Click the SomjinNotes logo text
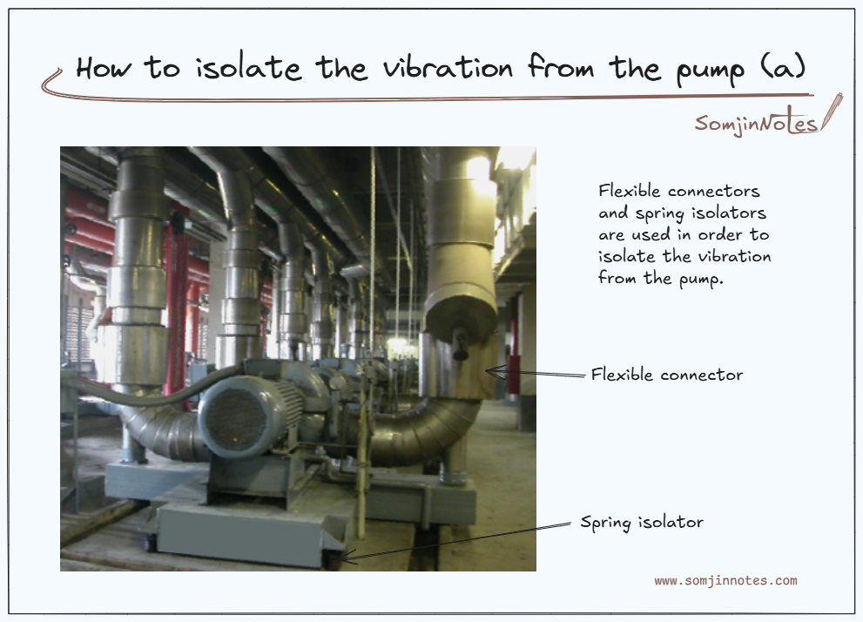(x=755, y=123)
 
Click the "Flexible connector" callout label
(x=666, y=375)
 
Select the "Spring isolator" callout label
(x=641, y=523)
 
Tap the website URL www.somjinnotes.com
(x=725, y=581)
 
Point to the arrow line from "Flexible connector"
(x=540, y=375)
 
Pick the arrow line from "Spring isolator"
(x=462, y=540)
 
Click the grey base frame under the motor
(x=235, y=523)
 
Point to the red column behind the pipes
(x=179, y=287)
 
